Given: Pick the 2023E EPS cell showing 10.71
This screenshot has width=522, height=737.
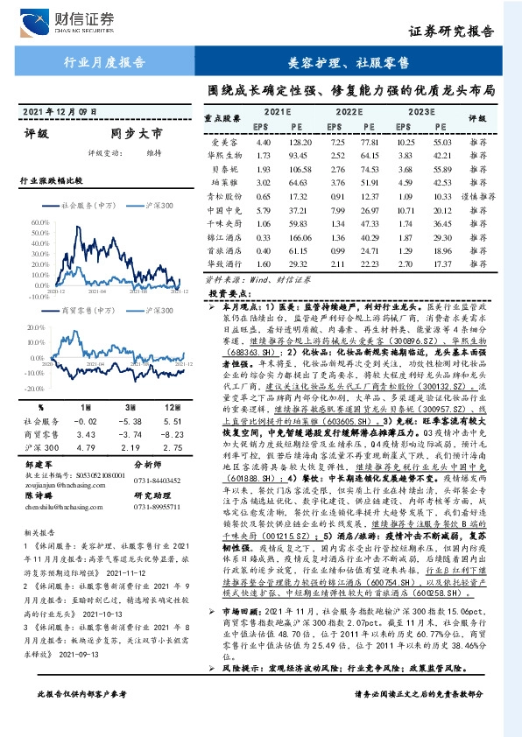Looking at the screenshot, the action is pyautogui.click(x=406, y=211).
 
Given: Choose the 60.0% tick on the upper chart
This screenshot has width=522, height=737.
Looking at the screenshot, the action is pyautogui.click(x=40, y=222).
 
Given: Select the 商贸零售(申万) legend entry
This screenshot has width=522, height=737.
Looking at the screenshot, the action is pyautogui.click(x=88, y=311).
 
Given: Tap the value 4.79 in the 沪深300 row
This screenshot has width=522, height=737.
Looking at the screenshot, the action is pyautogui.click(x=84, y=446).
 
